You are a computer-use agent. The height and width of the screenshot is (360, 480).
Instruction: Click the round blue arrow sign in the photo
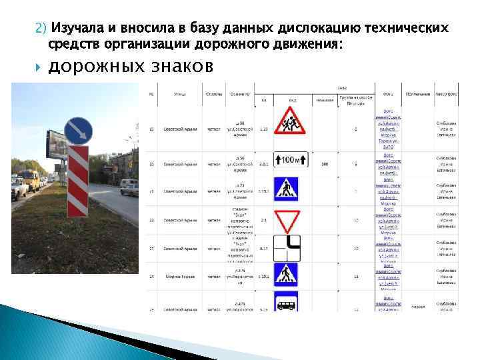(79, 130)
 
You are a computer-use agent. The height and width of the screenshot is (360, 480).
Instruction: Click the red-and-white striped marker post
(79, 180)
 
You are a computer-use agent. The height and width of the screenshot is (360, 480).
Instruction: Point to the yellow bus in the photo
(29, 179)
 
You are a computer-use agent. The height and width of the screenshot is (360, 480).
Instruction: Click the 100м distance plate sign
(287, 161)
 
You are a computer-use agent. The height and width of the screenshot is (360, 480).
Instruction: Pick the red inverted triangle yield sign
(287, 218)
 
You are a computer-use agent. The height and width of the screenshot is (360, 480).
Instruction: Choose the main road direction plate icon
(287, 248)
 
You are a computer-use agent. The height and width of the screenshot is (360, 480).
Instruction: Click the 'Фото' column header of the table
(387, 93)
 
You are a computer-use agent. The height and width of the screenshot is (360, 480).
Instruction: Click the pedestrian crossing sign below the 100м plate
(287, 189)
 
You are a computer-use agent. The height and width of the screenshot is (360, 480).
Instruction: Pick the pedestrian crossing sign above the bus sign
(287, 274)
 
